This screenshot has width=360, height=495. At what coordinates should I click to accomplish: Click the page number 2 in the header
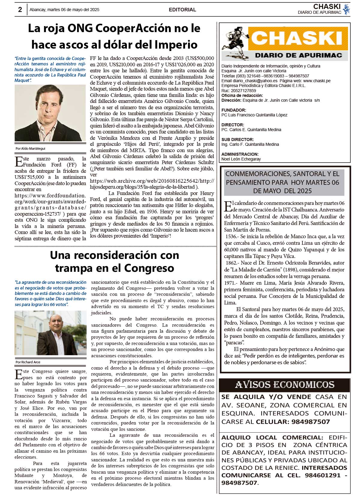[x=20, y=10]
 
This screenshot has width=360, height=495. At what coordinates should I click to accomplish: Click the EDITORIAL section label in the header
[x=182, y=10]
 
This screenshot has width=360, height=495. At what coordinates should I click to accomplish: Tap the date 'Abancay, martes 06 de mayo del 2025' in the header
[x=64, y=10]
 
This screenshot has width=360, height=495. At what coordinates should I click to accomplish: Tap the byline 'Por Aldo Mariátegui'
[x=30, y=148]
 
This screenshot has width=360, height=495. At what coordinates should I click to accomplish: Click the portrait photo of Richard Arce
[x=50, y=333]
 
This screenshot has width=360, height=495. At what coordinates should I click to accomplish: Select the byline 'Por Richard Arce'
[x=28, y=362]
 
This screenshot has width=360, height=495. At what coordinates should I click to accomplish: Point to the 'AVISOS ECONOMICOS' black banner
[x=284, y=385]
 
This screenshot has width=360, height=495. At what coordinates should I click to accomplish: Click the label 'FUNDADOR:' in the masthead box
[x=234, y=110]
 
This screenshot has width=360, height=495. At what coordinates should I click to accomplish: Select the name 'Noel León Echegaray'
[x=241, y=159]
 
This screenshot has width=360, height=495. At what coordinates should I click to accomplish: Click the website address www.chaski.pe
[x=317, y=81]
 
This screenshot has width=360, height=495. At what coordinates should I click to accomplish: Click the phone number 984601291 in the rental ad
[x=322, y=475]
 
